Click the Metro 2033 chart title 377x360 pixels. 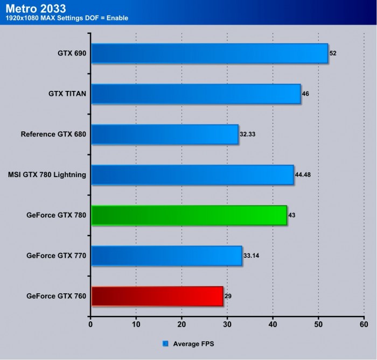pos(36,8)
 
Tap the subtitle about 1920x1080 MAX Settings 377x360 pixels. pos(67,18)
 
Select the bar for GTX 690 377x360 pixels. pos(210,53)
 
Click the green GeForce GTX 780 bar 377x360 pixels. pos(189,215)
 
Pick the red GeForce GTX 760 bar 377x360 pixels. pos(157,296)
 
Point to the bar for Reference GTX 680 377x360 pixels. pos(165,134)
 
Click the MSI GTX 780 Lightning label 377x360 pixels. pos(47,174)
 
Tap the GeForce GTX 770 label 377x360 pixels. pos(56,256)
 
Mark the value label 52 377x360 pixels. pos(333,53)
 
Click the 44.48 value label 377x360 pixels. pos(302,174)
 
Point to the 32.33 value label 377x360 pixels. pos(247,134)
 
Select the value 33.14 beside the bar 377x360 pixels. pos(250,256)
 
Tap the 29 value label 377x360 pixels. pos(228,296)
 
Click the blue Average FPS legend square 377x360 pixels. pos(165,343)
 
